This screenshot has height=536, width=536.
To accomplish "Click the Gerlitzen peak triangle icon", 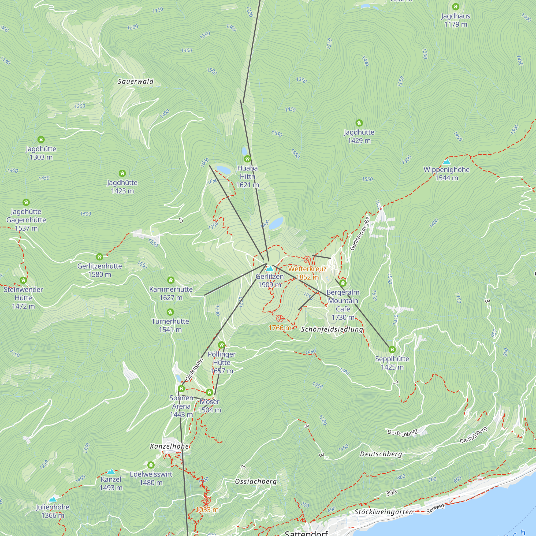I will (269, 269).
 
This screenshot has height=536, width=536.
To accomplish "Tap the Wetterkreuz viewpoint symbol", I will (307, 260).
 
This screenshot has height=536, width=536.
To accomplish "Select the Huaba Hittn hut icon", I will (247, 159).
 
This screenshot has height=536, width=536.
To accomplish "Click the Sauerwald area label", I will (135, 81).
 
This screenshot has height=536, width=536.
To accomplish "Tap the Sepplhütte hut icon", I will (392, 349).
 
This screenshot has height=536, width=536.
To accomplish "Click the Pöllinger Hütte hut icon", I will (221, 345).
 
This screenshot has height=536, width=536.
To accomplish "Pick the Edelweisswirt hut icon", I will (151, 465).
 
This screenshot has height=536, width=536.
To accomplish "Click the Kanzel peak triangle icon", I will (111, 471).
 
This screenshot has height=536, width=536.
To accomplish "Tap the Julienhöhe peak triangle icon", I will (53, 499).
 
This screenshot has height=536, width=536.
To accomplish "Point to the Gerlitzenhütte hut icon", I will (99, 257).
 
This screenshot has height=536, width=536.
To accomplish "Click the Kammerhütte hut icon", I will (171, 280).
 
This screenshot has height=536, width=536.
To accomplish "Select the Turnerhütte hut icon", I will (170, 312).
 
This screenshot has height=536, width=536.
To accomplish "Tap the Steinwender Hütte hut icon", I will (23, 280).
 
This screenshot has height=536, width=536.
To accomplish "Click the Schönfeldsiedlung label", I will (332, 329).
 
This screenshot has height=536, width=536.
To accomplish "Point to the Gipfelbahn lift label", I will (194, 370).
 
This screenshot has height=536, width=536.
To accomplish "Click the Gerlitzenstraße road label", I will (360, 233).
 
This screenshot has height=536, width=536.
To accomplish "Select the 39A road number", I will (391, 493).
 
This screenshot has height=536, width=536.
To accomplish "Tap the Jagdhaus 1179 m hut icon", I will (456, 7).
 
